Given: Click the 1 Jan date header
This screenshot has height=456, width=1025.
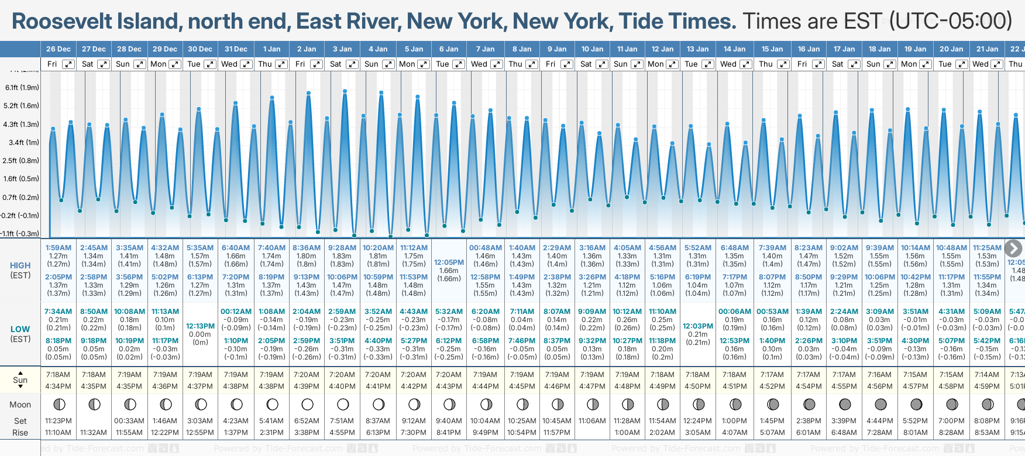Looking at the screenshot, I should [x=271, y=49].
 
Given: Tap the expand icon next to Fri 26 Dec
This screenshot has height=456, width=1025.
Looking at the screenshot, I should [x=68, y=64].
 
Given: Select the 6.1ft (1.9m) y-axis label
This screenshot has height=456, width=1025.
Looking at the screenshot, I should [x=22, y=88].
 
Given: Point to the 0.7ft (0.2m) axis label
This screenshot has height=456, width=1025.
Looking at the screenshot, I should [x=21, y=198].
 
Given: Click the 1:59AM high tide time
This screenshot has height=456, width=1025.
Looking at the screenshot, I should [x=59, y=248].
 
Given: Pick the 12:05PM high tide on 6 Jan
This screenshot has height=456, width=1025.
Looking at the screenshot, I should [x=449, y=263].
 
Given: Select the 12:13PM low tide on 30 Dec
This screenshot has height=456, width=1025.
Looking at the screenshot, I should [x=200, y=326].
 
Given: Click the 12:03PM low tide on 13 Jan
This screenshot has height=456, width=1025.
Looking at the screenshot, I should [x=698, y=326].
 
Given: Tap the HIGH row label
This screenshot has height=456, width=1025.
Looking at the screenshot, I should [x=20, y=265].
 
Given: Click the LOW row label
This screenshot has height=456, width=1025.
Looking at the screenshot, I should [x=20, y=329].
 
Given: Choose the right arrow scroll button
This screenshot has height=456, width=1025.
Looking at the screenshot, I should [x=1013, y=248].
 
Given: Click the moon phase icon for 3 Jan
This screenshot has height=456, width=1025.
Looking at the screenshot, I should [x=343, y=404].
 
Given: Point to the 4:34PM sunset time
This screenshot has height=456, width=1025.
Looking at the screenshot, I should [x=59, y=386].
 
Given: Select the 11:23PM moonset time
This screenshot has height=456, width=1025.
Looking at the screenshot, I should [x=59, y=421].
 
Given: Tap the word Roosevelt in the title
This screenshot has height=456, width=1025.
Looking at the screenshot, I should [x=62, y=22].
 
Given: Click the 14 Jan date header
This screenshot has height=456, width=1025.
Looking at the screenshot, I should [x=734, y=49].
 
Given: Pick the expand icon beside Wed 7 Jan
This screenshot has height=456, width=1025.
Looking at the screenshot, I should [x=496, y=64].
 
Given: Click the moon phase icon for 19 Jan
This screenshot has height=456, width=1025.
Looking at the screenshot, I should [x=916, y=404].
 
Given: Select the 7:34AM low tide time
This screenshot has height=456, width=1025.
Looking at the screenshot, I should [x=59, y=312].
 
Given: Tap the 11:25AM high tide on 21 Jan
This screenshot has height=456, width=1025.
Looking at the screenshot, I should [x=987, y=248].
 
